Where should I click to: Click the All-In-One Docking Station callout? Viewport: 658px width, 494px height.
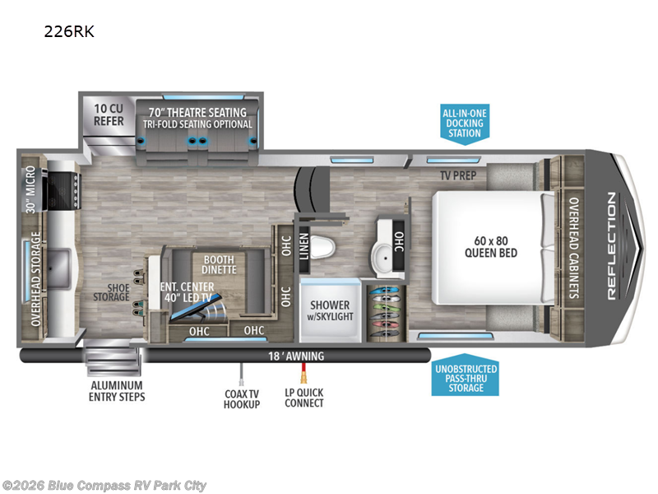tap(464, 123)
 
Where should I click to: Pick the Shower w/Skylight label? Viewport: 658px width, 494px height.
tap(329, 311)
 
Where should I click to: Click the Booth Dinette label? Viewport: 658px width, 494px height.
tap(220, 264)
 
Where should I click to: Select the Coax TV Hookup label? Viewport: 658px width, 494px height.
tap(242, 398)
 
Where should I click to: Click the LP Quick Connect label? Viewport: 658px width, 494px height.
tap(304, 398)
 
